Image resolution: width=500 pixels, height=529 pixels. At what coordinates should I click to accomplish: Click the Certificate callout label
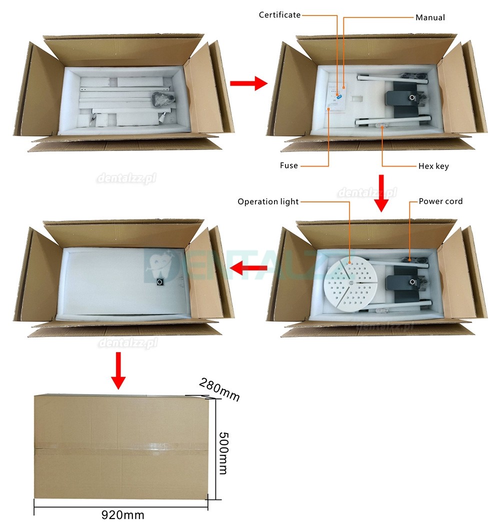click(279, 14)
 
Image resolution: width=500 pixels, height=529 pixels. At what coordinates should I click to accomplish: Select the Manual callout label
click(430, 17)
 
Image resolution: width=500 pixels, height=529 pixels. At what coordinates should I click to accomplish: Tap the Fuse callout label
click(288, 165)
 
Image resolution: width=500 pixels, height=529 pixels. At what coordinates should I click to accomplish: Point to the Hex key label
click(433, 166)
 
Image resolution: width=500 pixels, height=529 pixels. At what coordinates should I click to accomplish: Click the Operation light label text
click(268, 201)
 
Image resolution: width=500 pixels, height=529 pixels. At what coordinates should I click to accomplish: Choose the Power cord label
click(440, 201)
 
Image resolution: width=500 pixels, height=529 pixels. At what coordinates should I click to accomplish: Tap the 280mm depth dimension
click(219, 389)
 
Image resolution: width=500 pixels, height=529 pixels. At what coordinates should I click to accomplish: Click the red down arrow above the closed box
click(118, 370)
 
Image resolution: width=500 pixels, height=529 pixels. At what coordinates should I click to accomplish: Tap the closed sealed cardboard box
click(121, 446)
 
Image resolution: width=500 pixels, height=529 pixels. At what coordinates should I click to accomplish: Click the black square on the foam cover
click(160, 282)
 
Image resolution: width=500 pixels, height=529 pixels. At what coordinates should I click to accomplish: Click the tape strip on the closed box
click(121, 446)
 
